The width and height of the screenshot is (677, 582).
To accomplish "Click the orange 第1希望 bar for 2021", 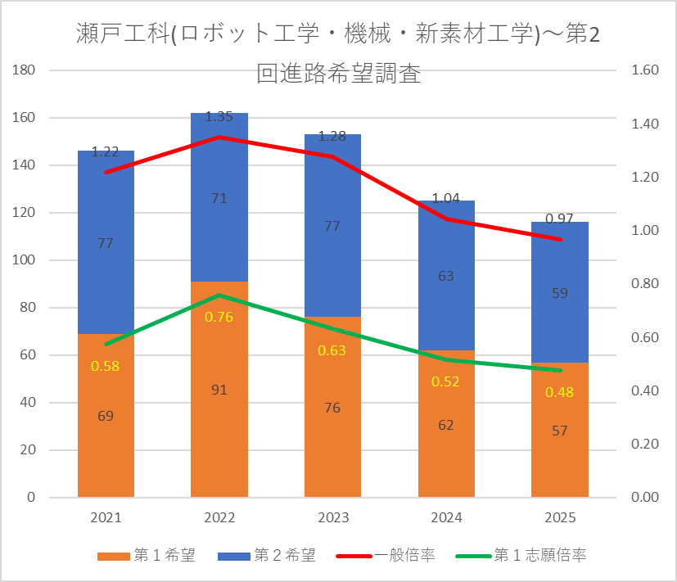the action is coord(106,415).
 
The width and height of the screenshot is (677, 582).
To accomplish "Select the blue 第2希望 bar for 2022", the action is coord(219,197).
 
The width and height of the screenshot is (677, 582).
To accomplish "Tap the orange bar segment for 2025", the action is coord(560,430).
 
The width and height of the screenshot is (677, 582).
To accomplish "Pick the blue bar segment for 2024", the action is coord(446,276).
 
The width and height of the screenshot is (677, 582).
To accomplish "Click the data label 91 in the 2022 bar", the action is coord(219,390).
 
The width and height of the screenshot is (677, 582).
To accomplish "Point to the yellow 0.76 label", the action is coord(219,317).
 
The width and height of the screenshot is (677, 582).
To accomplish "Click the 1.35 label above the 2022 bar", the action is coord(219,116).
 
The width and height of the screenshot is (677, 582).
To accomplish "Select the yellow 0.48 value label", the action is coord(560,392).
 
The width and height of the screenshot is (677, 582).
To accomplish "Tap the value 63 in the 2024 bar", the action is coord(446,276).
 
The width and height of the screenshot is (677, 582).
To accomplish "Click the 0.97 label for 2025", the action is coord(560,219).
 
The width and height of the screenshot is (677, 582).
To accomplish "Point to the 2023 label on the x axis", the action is coord(333,517).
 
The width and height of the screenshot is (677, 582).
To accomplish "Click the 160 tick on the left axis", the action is coord(24,117).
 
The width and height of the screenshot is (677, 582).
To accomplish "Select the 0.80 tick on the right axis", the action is coord(645,284).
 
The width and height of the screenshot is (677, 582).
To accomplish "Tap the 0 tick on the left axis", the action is coord(31,497).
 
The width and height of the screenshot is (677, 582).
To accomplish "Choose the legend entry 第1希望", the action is coord(147,555).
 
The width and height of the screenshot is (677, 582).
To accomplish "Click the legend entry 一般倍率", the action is coord(386,555).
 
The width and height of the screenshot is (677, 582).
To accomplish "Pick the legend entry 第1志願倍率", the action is coord(521,555).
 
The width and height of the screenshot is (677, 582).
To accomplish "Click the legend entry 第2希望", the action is coord(267,555).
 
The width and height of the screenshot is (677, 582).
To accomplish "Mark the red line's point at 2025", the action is coord(560,239).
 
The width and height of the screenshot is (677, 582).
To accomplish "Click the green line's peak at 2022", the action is coord(219,296).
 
